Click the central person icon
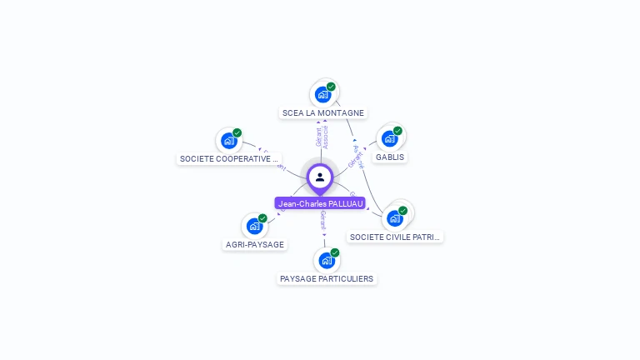point(320,177)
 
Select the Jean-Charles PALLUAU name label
point(320,203)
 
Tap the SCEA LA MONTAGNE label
point(323,113)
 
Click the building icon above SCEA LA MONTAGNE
point(322,95)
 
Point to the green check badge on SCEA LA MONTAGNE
point(331,87)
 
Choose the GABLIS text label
point(391,157)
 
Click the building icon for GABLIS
point(389,139)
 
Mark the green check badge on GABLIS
point(397,131)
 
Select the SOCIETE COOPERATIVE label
point(228,158)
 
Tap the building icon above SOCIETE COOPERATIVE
point(228,141)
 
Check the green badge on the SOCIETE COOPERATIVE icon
point(237,132)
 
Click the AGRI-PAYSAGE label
point(255,245)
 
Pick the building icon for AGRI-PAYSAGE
point(254,226)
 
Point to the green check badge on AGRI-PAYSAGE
point(262,218)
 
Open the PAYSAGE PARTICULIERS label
point(327,278)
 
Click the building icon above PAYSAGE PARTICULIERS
point(327,260)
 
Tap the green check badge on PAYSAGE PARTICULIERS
point(335,252)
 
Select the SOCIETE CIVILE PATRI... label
point(395,237)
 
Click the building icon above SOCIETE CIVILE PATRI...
point(394,218)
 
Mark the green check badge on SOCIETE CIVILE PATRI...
point(402,211)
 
